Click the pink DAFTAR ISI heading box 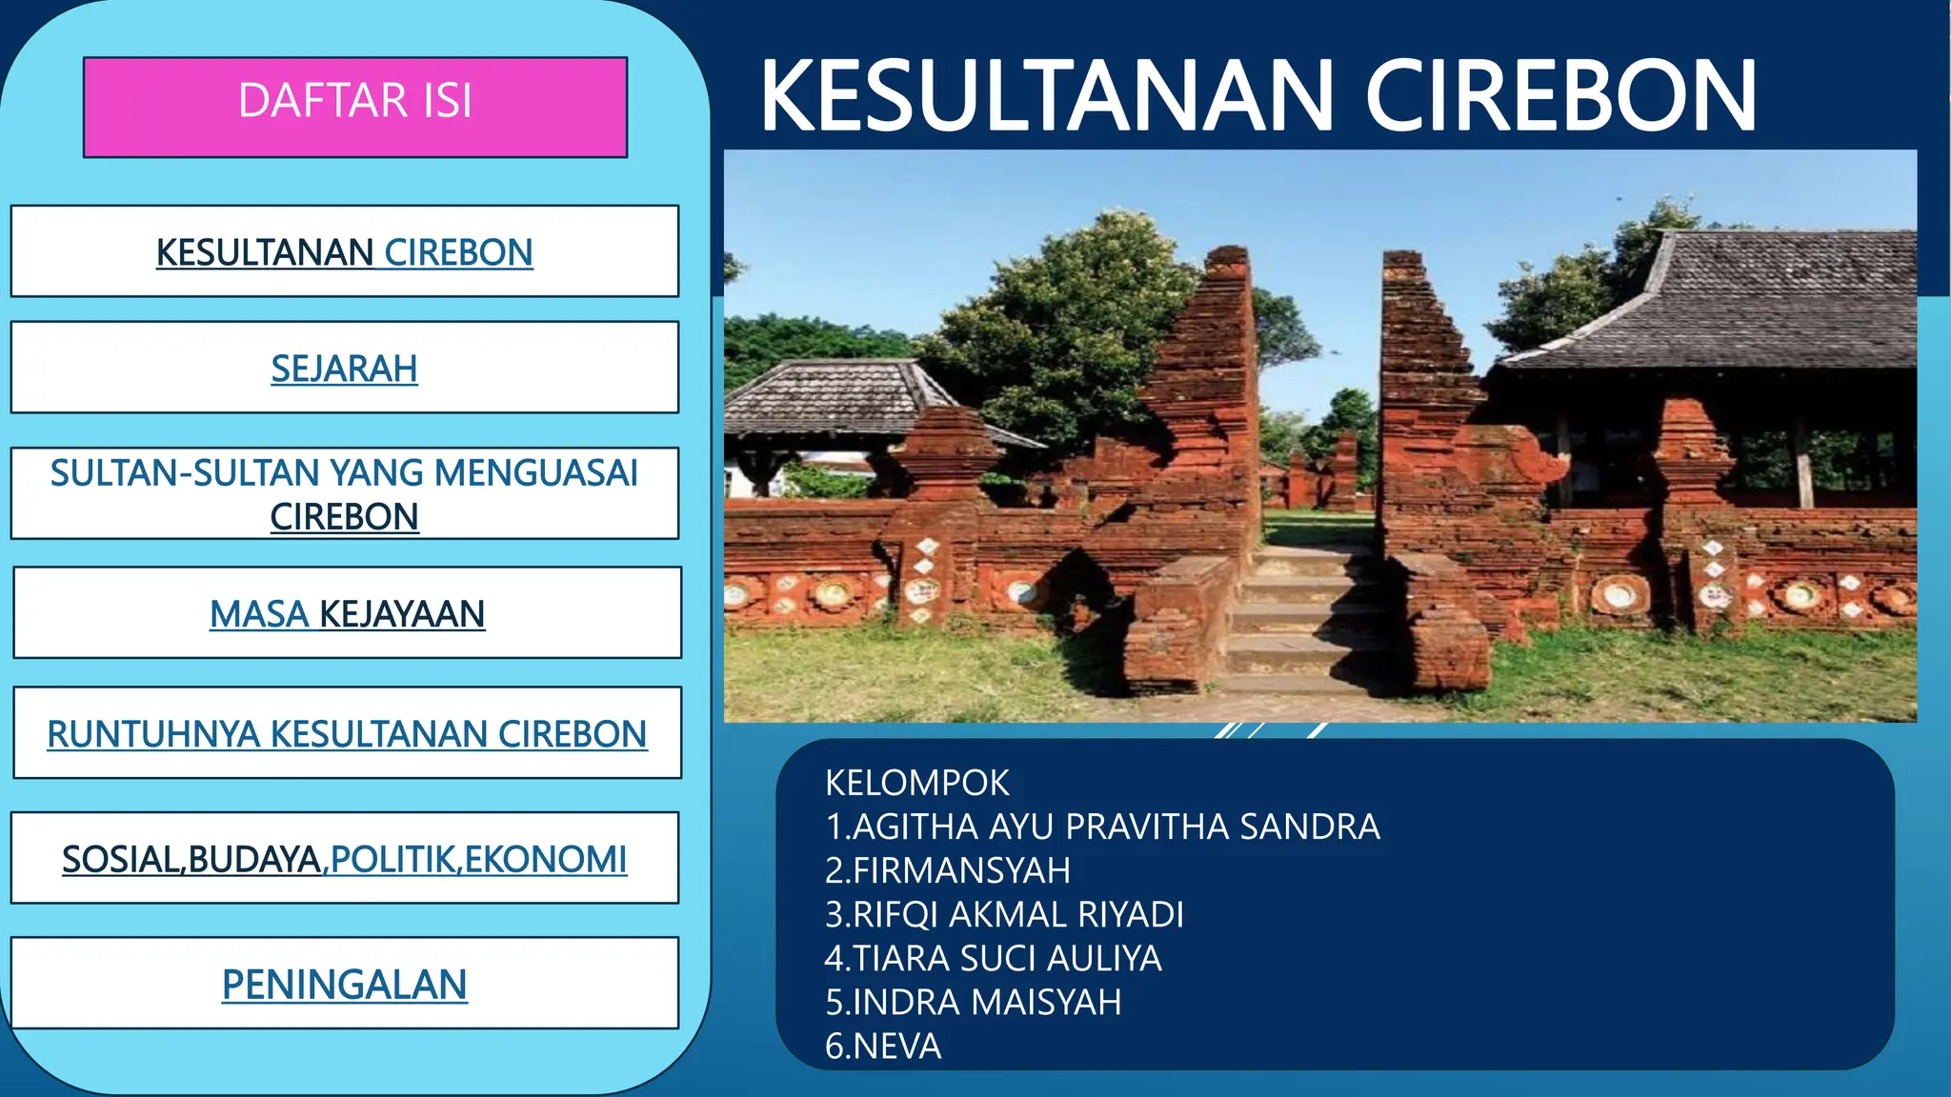click(354, 107)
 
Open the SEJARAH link click(344, 369)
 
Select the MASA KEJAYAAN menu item click(347, 614)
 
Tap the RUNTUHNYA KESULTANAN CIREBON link click(347, 734)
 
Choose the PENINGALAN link click(344, 985)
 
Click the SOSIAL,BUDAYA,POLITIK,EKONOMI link click(344, 859)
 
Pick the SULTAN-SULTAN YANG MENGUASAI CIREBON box click(344, 494)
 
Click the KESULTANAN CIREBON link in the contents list click(344, 252)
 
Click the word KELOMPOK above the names click(916, 783)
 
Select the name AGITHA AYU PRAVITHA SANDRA click(1102, 827)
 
